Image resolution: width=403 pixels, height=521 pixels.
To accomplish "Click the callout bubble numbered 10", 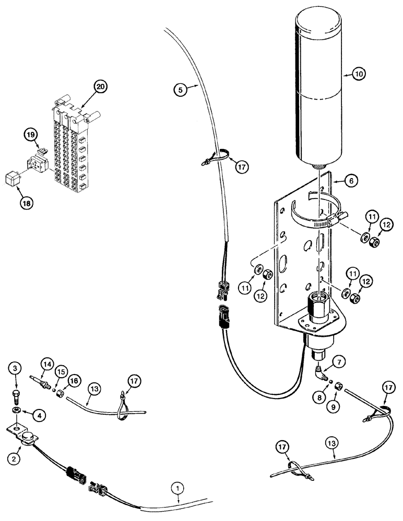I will [x=358, y=74].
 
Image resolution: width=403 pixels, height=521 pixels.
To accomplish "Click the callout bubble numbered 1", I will [x=178, y=488].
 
